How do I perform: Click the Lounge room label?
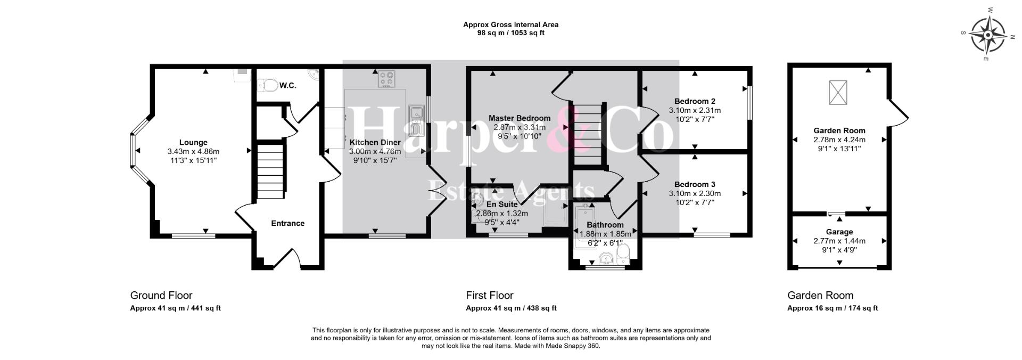coord(193,142)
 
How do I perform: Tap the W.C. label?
coord(287,85)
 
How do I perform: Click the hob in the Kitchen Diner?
coord(386,79)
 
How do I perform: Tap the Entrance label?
coord(288,223)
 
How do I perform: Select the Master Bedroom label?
coord(520,118)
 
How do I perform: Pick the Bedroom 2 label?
coord(695,101)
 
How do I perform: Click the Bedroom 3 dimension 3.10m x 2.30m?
coord(695,193)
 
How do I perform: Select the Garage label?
coord(839,232)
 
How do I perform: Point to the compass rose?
coord(988,35)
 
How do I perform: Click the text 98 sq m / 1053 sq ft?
coord(511,33)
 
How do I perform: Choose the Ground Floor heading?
coord(161,296)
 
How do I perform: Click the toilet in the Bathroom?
coord(625,255)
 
